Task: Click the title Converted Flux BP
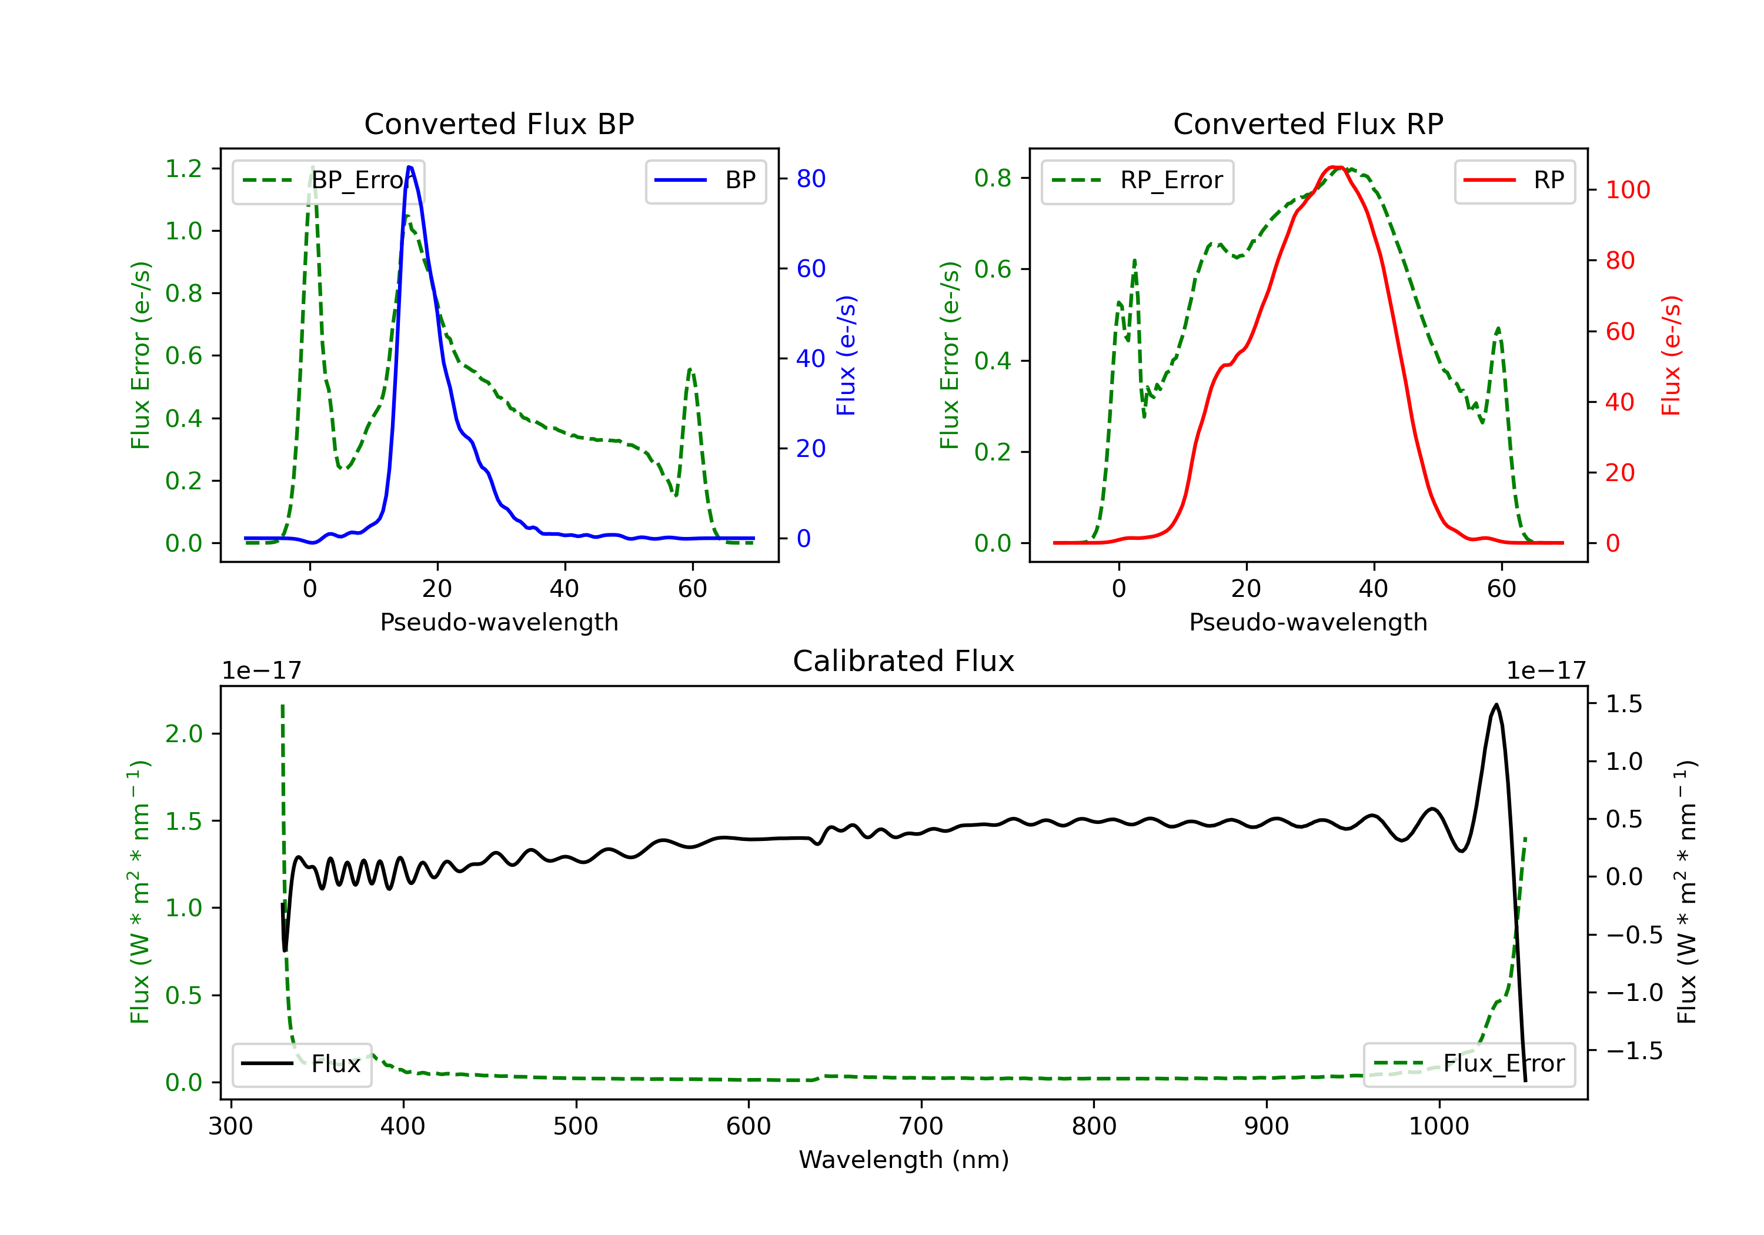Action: coord(499,123)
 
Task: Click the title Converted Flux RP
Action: coord(1308,123)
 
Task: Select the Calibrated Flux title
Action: coord(904,661)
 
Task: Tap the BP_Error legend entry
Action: coord(329,181)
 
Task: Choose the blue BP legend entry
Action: coord(705,181)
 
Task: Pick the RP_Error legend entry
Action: coord(1137,181)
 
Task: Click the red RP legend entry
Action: coord(1514,181)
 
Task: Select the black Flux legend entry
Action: coord(301,1064)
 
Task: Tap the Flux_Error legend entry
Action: coord(1469,1064)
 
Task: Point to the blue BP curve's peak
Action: coord(409,167)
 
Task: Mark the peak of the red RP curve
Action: coord(1336,167)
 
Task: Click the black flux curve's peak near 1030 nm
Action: coord(1496,704)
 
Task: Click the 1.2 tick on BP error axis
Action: coord(183,168)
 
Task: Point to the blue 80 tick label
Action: coord(810,179)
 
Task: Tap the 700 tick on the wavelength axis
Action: coord(921,1127)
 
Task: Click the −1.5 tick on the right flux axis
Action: coord(1634,1050)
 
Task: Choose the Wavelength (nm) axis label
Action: coord(904,1160)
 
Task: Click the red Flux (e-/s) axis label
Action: coord(1671,355)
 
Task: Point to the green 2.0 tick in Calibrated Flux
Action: coord(183,734)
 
